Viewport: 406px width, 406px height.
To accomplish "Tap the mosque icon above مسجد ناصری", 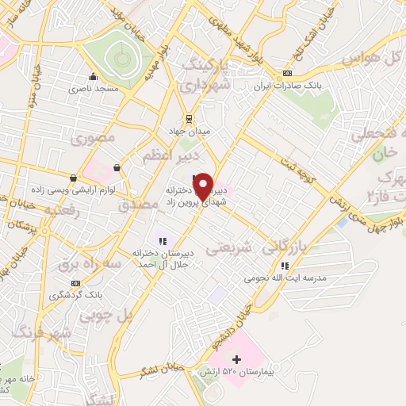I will click(94, 77).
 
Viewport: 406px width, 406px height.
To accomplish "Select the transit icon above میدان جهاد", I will click(188, 117).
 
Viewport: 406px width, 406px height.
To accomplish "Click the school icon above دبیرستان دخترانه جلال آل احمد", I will click(163, 241).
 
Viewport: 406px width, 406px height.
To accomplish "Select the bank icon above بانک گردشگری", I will click(75, 283).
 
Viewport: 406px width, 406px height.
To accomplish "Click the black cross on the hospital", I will click(236, 360).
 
